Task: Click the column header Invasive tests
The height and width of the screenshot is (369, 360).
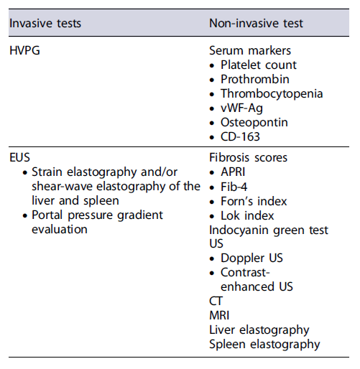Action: pos(45,24)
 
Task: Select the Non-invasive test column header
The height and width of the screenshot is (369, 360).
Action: pos(256,24)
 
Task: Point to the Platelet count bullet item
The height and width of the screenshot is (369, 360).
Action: pos(259,65)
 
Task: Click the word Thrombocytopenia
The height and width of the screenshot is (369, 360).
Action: pos(272,94)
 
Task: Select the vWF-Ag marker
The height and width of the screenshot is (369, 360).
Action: pos(244,108)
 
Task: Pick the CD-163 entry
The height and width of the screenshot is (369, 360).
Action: pos(241,136)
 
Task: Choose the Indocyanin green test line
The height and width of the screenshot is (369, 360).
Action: pos(269,230)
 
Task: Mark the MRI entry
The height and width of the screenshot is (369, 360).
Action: pos(220,315)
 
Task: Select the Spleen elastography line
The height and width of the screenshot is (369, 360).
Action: pos(264,344)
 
